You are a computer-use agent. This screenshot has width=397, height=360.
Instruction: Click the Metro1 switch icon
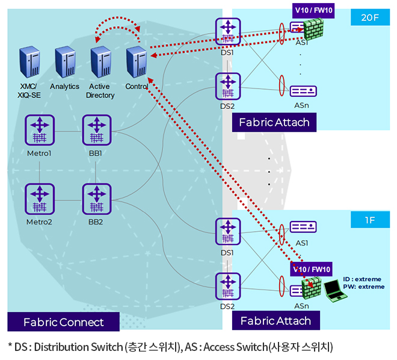point(40,130)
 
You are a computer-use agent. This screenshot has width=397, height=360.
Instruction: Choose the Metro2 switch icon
point(40,199)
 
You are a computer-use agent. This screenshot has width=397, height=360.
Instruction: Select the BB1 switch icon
point(95,130)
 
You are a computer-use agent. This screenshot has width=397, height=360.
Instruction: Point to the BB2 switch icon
point(95,199)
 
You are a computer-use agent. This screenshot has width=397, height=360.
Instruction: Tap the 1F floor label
point(369,220)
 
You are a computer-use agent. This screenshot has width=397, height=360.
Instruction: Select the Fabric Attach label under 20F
point(274,122)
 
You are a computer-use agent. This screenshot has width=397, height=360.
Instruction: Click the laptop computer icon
point(334,290)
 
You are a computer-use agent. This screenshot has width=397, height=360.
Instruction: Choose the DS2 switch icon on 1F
point(228,288)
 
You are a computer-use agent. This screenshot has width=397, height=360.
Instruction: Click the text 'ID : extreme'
point(363,279)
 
